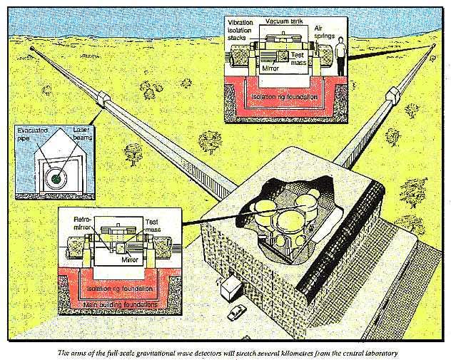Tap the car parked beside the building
(235, 313)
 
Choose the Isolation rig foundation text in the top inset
(285, 94)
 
